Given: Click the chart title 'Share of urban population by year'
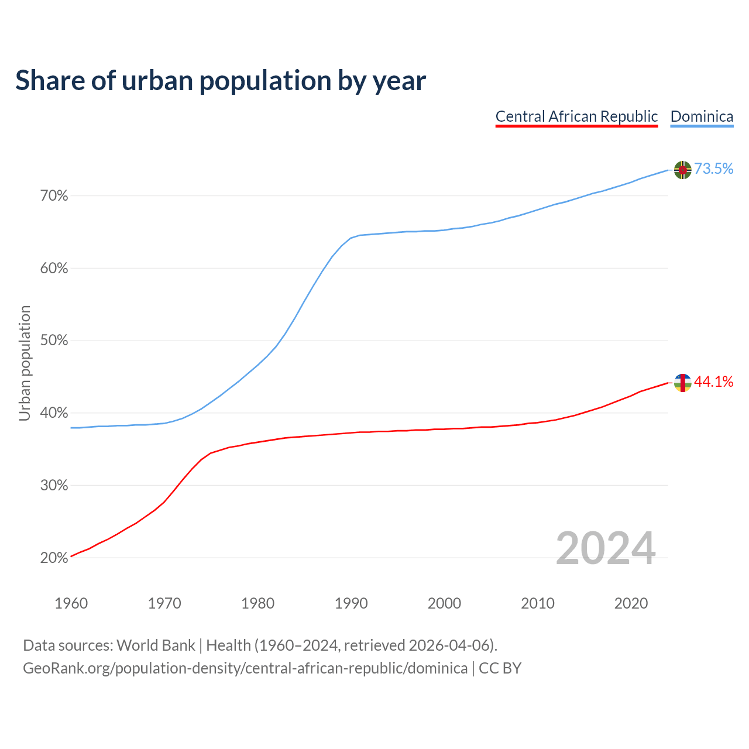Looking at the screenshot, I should (x=221, y=81).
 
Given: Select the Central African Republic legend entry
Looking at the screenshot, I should (x=576, y=116).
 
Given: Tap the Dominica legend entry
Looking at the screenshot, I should (x=702, y=116).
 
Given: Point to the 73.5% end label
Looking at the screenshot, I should (x=713, y=169).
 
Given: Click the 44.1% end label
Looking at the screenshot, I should (x=713, y=382).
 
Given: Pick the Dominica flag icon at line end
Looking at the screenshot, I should (x=682, y=170).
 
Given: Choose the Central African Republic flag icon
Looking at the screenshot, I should (x=682, y=383).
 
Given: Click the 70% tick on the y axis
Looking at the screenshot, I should (x=54, y=196).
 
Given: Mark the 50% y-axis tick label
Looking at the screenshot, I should (x=54, y=341).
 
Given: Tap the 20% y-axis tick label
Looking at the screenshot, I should (x=54, y=558).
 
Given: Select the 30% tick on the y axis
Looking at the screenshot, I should (x=54, y=486).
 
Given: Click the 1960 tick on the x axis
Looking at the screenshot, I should (x=71, y=603).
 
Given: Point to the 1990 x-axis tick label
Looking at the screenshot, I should (x=351, y=603).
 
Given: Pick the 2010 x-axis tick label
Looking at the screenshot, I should (x=538, y=603).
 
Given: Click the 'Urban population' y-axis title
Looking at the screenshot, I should (x=25, y=363).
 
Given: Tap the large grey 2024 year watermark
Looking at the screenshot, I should (x=606, y=548).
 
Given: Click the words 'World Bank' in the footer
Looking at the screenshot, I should (x=156, y=645).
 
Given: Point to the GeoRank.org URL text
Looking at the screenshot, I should (x=245, y=668).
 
